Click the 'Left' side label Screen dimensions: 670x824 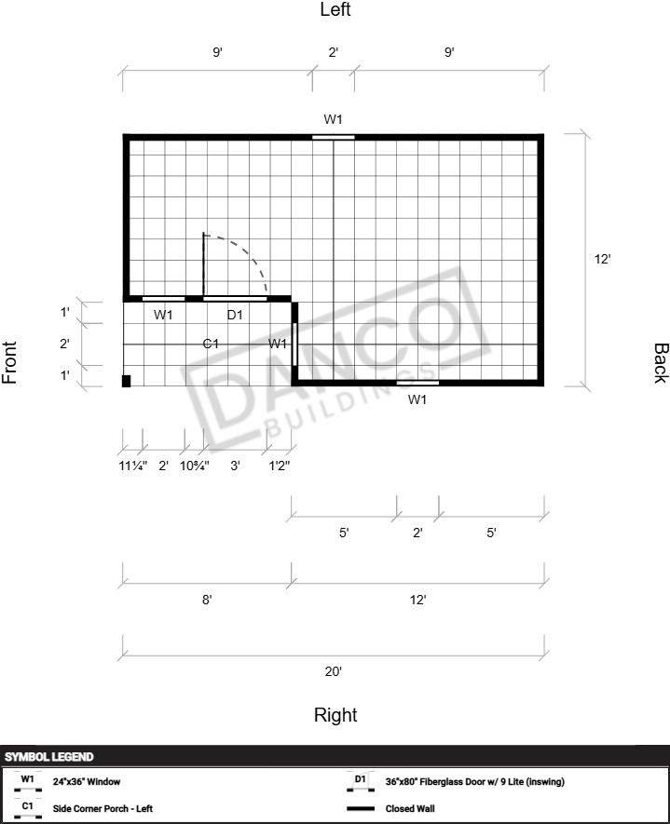coord(335,9)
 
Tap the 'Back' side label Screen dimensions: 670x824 coord(661,363)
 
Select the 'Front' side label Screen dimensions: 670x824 coord(9,362)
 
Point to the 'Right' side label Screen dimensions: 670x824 coord(335,715)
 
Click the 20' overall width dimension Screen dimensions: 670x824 coord(334,671)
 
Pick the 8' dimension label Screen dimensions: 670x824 coord(207,600)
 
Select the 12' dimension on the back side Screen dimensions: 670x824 coord(602,259)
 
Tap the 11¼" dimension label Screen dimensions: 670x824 coord(133,466)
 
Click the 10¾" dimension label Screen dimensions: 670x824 coord(195,466)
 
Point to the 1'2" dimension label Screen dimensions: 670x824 coord(280,466)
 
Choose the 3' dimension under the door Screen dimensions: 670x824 coord(235,466)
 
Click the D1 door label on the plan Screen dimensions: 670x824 coord(235,315)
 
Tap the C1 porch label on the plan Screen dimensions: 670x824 coord(211,344)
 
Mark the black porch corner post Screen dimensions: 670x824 coord(126,381)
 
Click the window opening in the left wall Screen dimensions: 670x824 coord(334,138)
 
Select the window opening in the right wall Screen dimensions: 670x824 coord(417,383)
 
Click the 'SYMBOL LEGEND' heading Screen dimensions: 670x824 coord(48,757)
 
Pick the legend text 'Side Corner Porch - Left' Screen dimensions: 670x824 coord(103,808)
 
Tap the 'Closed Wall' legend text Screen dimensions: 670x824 coord(410,808)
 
